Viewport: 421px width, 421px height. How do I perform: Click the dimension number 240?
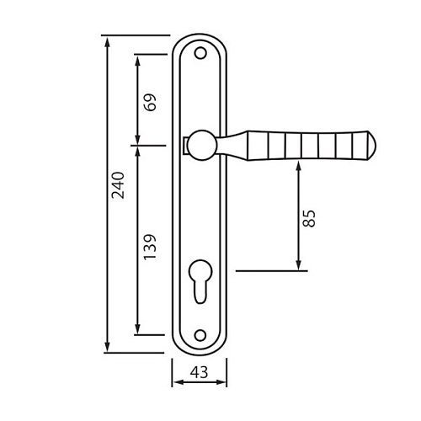[x=118, y=185]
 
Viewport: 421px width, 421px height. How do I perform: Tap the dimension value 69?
[x=150, y=103]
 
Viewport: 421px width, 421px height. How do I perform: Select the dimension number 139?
[x=150, y=247]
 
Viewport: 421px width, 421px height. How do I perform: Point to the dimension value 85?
[x=309, y=218]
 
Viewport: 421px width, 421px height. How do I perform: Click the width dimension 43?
[x=200, y=372]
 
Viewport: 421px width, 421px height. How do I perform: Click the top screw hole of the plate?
[x=200, y=53]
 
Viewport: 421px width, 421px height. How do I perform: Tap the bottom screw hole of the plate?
[x=200, y=335]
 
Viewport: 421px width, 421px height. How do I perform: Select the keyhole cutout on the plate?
[x=200, y=280]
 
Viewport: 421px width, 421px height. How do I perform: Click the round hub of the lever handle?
[x=202, y=145]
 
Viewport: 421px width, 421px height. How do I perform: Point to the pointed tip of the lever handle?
[x=376, y=146]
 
